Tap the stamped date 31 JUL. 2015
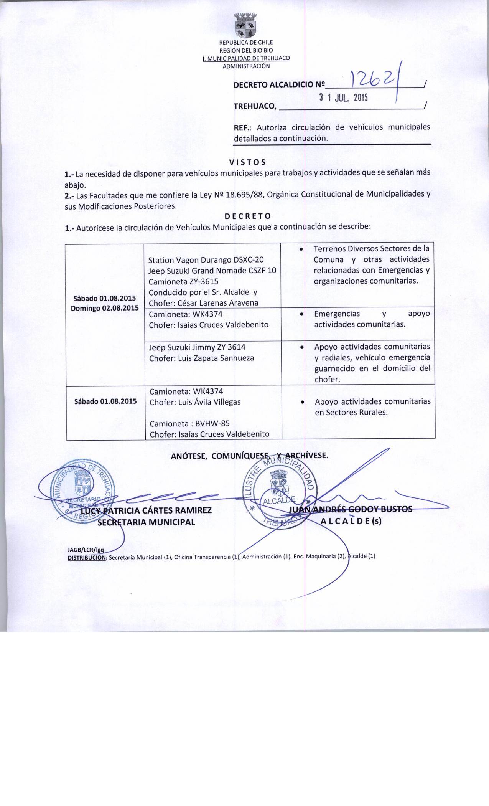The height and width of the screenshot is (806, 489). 343,97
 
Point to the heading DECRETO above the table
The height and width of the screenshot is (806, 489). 248,216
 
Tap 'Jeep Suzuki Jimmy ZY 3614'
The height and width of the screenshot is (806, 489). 197,347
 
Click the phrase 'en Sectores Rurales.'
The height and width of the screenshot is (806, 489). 351,413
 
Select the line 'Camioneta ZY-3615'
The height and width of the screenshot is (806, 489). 183,281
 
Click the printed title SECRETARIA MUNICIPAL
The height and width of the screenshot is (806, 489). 146,522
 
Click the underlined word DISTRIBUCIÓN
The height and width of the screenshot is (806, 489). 87,557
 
